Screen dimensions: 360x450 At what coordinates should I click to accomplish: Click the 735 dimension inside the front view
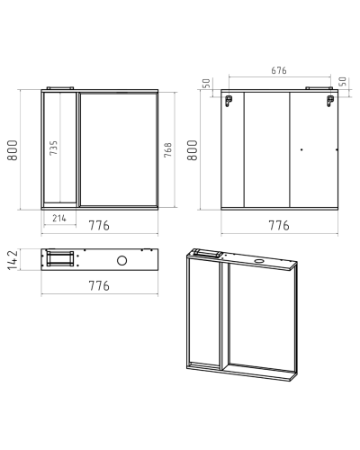click(x=53, y=148)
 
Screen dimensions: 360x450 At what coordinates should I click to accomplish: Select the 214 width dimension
click(x=59, y=218)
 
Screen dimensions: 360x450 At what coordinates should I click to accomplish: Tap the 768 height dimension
click(x=168, y=149)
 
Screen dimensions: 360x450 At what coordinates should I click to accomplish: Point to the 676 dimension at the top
click(x=279, y=70)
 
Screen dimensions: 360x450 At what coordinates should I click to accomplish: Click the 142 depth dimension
click(x=13, y=260)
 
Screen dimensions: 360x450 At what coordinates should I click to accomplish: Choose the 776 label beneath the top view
click(x=99, y=285)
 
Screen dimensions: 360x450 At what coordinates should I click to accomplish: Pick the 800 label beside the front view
click(x=13, y=150)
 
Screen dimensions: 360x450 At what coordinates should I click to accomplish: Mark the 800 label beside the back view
click(x=193, y=150)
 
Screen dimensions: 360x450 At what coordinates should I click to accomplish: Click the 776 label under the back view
click(x=279, y=225)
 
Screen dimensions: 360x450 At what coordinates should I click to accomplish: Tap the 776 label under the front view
click(x=99, y=225)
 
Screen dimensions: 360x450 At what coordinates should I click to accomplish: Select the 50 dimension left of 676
click(x=206, y=83)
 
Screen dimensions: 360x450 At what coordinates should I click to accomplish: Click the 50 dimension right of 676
click(x=343, y=81)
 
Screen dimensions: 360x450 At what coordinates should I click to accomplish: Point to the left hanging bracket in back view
click(x=229, y=101)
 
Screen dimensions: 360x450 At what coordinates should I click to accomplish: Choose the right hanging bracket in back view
click(x=330, y=101)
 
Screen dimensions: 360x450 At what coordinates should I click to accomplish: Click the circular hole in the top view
click(x=121, y=260)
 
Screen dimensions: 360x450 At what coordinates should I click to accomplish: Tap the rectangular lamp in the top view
click(x=60, y=259)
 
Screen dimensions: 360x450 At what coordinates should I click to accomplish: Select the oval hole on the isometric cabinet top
click(x=258, y=261)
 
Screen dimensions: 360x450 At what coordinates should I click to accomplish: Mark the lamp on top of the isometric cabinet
click(x=208, y=254)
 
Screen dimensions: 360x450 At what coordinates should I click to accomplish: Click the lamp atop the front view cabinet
click(x=60, y=88)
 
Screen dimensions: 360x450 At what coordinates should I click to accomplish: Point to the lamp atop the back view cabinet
click(x=319, y=88)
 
